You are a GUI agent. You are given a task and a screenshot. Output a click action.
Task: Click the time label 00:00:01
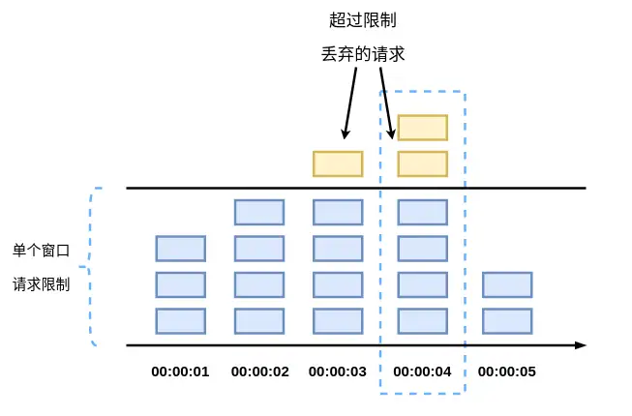(180, 371)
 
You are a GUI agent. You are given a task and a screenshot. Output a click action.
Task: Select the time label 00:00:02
(260, 371)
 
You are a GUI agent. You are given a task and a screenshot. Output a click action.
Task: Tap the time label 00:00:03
(338, 371)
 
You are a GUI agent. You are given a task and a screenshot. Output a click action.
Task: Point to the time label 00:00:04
(422, 371)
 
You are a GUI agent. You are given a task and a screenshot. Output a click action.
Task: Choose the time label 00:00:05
(506, 371)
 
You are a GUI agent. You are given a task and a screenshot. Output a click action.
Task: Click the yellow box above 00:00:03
(338, 163)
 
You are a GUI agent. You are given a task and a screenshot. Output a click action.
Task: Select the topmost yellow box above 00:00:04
(423, 128)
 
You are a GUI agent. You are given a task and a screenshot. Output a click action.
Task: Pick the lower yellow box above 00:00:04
(423, 163)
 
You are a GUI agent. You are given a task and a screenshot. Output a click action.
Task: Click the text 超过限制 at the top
(363, 19)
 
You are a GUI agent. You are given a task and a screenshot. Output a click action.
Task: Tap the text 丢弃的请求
(363, 54)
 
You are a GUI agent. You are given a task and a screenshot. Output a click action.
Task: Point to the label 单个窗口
(41, 251)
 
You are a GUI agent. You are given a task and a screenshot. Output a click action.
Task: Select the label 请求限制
(41, 284)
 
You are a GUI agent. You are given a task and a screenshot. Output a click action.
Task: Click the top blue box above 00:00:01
(181, 249)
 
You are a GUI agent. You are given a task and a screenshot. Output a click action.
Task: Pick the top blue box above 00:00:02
(259, 212)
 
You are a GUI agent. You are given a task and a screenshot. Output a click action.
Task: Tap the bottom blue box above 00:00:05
(507, 321)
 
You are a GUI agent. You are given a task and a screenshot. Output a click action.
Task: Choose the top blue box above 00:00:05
(507, 284)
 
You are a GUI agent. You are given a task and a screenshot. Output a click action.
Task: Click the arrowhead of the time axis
(581, 345)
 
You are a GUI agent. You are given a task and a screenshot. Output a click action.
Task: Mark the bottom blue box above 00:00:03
(338, 321)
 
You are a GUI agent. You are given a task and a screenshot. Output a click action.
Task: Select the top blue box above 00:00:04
(423, 212)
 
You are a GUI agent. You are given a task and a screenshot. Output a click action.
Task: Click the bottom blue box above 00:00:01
(181, 321)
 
